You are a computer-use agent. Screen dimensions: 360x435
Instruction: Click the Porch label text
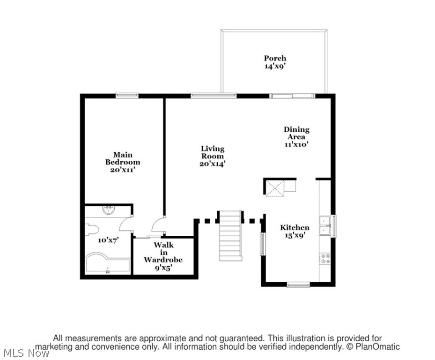275,58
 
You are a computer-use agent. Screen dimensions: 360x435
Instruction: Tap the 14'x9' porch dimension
275,67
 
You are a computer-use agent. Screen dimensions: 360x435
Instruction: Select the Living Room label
213,152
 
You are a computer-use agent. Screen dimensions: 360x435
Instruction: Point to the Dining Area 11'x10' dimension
296,144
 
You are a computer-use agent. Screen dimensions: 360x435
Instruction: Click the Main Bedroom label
122,158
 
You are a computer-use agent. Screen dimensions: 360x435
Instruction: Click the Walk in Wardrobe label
163,252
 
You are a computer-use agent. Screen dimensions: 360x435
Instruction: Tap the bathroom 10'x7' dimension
108,240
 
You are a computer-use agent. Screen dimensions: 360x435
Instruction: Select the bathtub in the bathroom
107,263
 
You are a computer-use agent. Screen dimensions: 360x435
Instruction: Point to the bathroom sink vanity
109,210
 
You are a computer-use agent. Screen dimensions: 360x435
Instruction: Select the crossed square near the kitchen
275,188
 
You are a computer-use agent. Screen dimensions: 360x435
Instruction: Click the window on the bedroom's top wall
127,95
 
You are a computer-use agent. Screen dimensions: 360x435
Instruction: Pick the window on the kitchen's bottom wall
298,284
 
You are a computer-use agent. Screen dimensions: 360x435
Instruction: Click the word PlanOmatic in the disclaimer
378,347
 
